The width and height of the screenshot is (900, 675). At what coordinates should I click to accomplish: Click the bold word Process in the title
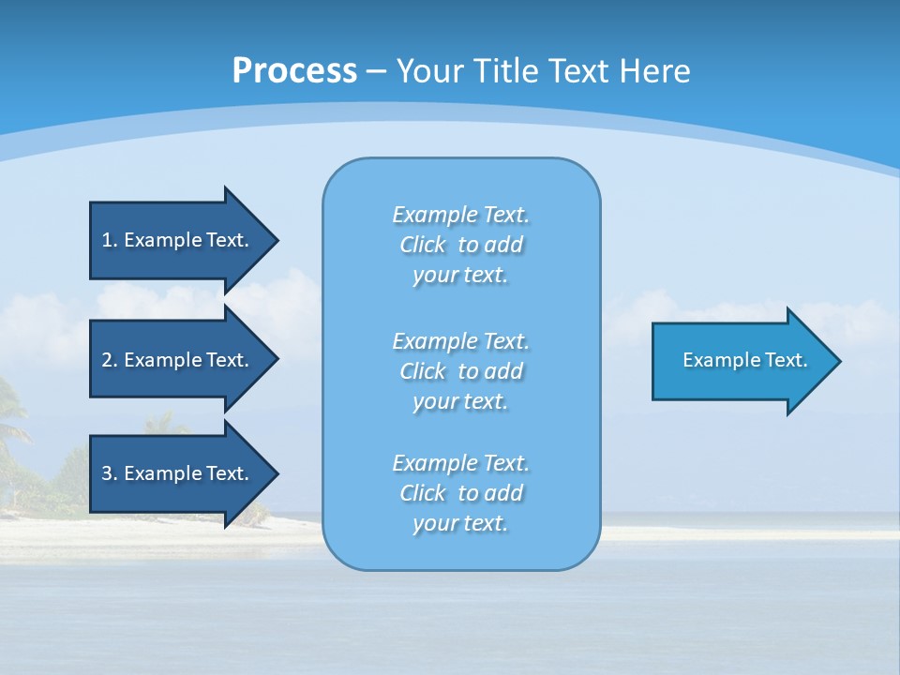tap(294, 71)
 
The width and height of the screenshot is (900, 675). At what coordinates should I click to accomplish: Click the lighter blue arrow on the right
tap(741, 361)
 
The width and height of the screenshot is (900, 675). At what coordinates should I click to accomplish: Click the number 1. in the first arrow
tap(110, 240)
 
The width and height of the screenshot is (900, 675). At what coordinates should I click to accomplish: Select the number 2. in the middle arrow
tap(110, 360)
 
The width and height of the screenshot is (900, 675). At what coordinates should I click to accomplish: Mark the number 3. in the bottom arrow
tap(110, 473)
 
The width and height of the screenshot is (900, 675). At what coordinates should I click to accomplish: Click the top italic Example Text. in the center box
tap(460, 215)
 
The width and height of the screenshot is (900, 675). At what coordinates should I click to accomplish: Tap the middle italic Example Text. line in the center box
tap(460, 340)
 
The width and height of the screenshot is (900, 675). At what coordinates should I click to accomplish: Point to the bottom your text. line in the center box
tap(460, 523)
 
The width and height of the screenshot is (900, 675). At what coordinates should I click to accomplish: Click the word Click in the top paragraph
tap(423, 245)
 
